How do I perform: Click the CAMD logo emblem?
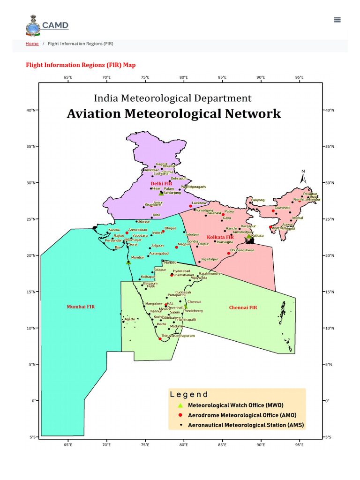[x=33, y=25]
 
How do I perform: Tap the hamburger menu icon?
[x=337, y=20]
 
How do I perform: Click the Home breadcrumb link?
[x=32, y=44]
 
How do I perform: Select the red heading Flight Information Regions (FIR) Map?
[x=81, y=65]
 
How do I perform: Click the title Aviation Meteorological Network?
[x=173, y=113]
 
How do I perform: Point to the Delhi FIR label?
[x=161, y=183]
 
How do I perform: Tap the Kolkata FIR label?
[x=220, y=238]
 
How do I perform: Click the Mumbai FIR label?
[x=81, y=307]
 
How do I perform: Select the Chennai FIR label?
[x=243, y=307]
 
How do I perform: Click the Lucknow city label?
[x=199, y=203]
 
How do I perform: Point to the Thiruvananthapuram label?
[x=178, y=336]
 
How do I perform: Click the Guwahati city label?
[x=282, y=207]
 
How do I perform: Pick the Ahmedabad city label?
[x=138, y=230]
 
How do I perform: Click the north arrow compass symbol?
[x=303, y=177]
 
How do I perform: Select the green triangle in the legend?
[x=180, y=405]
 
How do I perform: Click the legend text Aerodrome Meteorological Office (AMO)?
[x=242, y=415]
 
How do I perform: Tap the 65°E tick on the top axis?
[x=68, y=77]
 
